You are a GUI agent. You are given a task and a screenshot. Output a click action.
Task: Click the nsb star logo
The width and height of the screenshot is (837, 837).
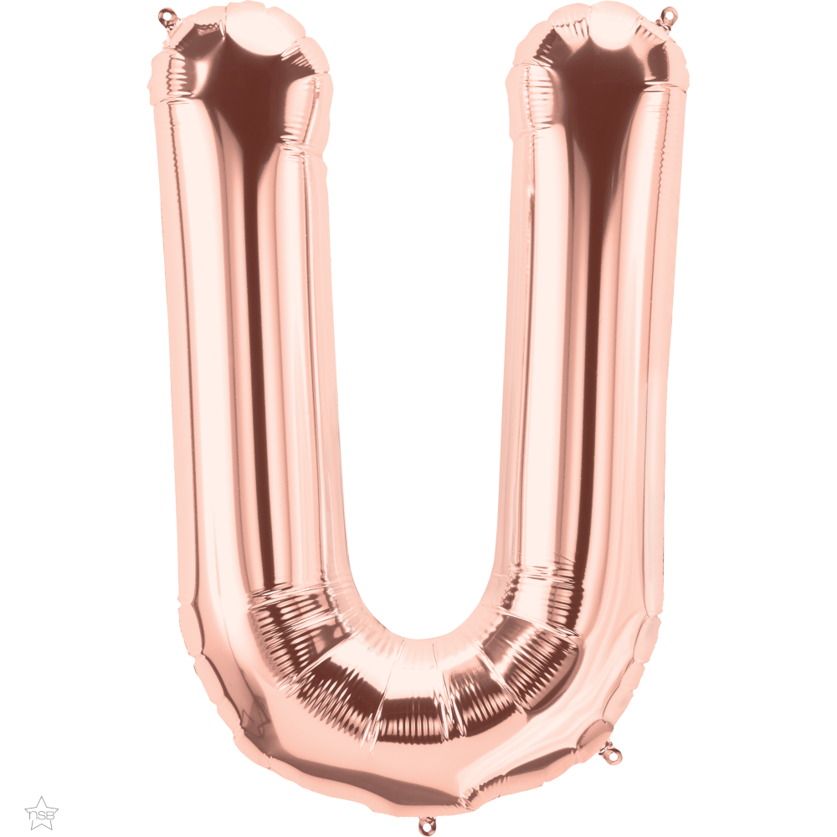42,811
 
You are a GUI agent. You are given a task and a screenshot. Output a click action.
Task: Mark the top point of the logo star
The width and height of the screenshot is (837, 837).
42,794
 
